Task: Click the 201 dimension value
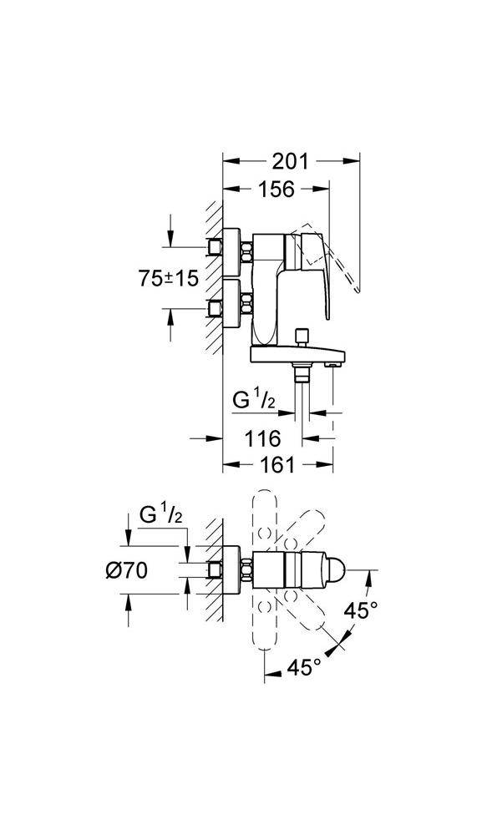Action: (x=291, y=161)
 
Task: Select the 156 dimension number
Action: (x=276, y=189)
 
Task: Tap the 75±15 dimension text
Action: (x=169, y=279)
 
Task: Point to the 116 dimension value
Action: (x=262, y=439)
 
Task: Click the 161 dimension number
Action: (x=277, y=465)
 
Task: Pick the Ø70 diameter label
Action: (x=126, y=571)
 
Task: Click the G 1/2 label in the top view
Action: (x=161, y=516)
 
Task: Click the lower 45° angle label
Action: (x=304, y=666)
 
